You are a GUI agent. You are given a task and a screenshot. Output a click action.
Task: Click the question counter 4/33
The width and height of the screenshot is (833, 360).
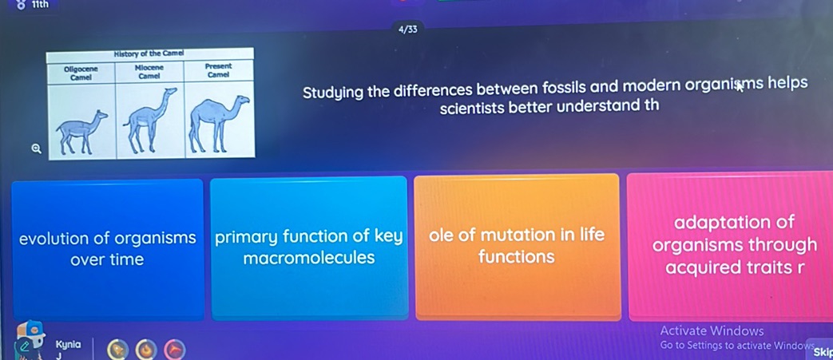[x=407, y=30]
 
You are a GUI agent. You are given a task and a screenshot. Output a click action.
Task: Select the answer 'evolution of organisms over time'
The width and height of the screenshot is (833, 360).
[x=107, y=248]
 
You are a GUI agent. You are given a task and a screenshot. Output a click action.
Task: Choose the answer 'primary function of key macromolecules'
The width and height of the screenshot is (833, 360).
[x=308, y=247]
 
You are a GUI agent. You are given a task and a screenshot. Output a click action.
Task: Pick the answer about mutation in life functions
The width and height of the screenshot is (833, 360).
[x=517, y=245]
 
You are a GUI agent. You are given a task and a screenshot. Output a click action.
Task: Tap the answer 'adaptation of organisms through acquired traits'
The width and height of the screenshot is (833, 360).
[x=734, y=244]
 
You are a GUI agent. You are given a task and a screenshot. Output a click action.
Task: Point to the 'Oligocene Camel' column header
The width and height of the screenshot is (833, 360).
[x=81, y=73]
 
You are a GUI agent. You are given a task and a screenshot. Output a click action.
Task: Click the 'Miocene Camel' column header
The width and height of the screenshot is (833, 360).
[x=149, y=72]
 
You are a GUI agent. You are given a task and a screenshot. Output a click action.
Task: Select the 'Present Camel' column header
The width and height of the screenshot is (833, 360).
[x=218, y=70]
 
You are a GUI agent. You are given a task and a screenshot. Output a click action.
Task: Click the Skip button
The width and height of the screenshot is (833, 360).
[x=823, y=352]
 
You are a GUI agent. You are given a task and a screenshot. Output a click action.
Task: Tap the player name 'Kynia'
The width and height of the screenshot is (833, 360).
[x=69, y=344]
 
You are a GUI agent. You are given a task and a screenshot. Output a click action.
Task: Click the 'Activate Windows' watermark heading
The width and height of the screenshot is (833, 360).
[x=712, y=330]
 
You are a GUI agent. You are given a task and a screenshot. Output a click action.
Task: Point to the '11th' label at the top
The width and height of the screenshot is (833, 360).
[x=40, y=5]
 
